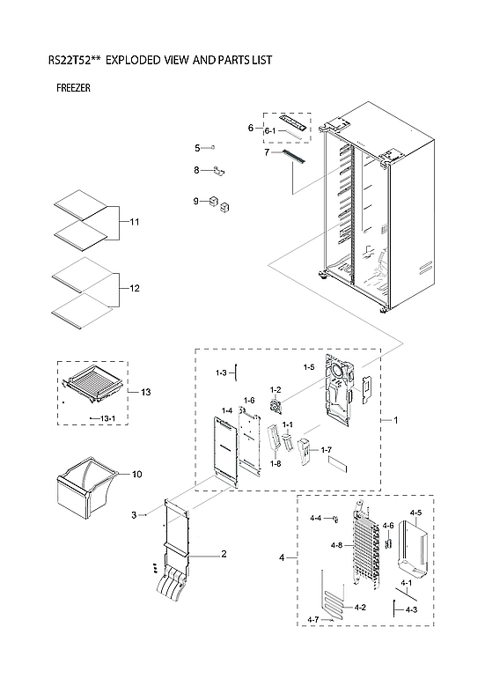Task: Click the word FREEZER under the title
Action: click(x=73, y=88)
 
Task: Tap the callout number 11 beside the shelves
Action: click(x=135, y=221)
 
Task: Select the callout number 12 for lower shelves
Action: click(x=135, y=289)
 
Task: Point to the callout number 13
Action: click(x=146, y=391)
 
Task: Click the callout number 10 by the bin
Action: click(x=136, y=475)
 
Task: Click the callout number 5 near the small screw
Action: click(x=198, y=148)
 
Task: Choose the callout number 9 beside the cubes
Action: click(x=198, y=203)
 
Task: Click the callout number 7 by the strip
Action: click(x=267, y=152)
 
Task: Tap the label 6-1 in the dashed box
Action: click(x=272, y=131)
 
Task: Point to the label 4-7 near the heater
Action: click(x=315, y=621)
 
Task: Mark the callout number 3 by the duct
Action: click(x=135, y=514)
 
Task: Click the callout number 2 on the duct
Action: click(x=224, y=554)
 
